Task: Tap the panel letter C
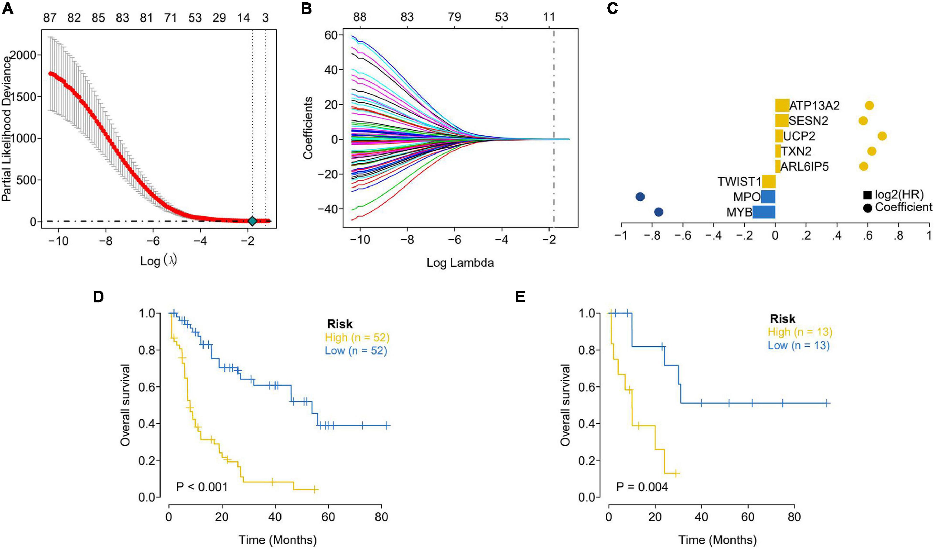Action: click(x=613, y=8)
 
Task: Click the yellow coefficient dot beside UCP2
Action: click(x=882, y=136)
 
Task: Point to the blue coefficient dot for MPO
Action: click(x=640, y=197)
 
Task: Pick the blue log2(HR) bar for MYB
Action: click(x=764, y=212)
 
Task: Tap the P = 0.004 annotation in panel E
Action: click(x=642, y=486)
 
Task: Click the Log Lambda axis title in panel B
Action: click(x=460, y=263)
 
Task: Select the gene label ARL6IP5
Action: click(x=804, y=167)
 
